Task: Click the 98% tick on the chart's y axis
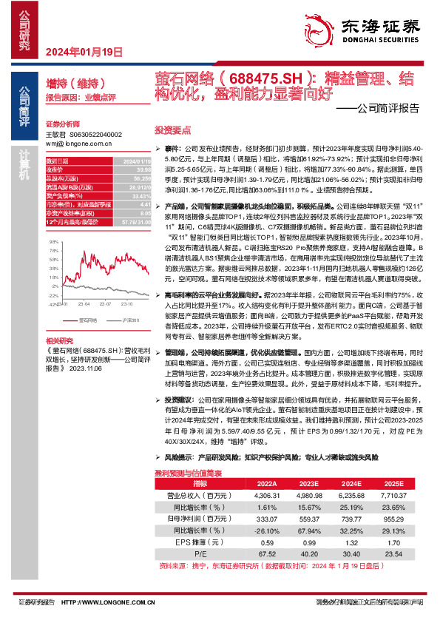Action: (x=55, y=234)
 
